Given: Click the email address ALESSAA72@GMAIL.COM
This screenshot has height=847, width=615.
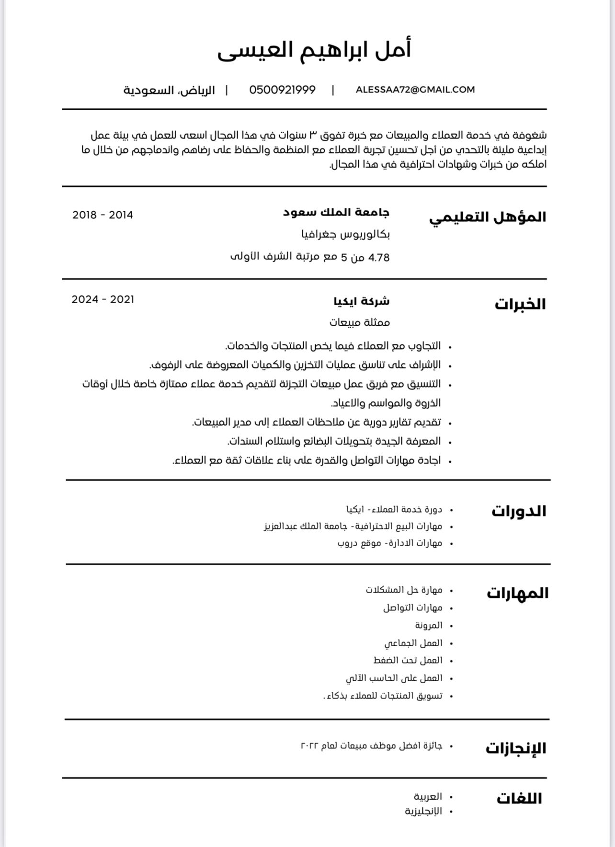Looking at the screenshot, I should pos(415,90).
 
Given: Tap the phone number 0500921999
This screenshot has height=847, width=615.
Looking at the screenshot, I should pos(282,90).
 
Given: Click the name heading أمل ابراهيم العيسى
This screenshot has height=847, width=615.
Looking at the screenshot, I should pos(314,50).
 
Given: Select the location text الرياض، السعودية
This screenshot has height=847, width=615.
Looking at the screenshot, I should pos(169,90).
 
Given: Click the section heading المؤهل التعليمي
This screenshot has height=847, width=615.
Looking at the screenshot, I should pos(487,217).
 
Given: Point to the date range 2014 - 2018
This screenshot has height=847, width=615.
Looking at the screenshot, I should pos(102,215).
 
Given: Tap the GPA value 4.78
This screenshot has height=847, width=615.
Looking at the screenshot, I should pos(379,258).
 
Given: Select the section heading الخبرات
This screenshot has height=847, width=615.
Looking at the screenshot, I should pos(520,304).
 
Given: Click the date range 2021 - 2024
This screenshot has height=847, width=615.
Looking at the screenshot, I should pos(102,299).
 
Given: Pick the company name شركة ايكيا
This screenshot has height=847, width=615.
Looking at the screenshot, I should pos(361,301).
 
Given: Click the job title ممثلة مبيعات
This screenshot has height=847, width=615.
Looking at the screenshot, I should pos(359,322).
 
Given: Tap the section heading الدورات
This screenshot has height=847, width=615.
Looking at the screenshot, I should pos(518,511).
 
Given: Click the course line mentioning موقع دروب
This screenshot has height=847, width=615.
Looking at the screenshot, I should pos(389,543).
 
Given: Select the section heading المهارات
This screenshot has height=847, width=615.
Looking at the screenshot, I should pos(517,593).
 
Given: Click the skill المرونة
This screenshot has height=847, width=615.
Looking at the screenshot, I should pos(428,625).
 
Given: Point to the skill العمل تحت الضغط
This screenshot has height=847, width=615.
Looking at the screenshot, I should pos(408,660).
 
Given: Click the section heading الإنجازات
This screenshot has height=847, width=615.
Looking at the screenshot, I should pos(515,748).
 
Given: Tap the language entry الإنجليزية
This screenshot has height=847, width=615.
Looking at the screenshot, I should pos(423,811).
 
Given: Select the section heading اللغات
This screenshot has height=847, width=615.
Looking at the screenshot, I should pos(519,799).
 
